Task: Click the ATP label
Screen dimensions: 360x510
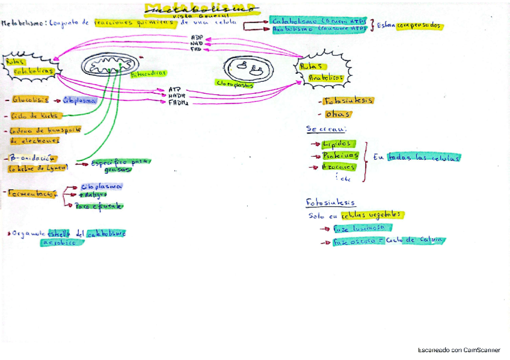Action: pos(175,89)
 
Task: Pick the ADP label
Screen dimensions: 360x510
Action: pos(196,37)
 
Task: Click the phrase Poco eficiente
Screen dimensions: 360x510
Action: pos(99,206)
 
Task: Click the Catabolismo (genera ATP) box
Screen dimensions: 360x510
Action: pos(318,19)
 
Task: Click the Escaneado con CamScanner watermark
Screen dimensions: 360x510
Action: pos(459,349)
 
